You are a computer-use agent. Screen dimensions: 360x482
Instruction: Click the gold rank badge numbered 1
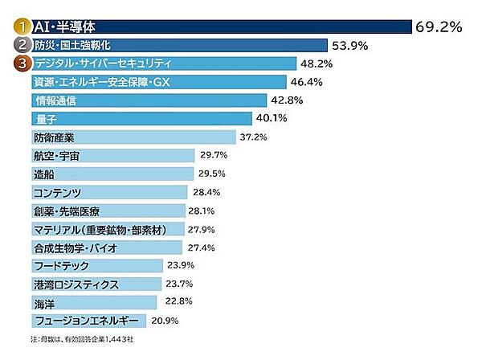[x=21, y=27]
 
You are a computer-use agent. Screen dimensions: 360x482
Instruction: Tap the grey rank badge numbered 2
[x=21, y=45]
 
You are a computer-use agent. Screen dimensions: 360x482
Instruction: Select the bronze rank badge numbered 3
[x=21, y=63]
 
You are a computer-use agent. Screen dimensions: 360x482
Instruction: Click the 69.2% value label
[x=439, y=27]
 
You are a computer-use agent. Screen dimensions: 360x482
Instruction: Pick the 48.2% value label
[x=317, y=63]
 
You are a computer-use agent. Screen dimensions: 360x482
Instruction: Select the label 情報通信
[x=55, y=100]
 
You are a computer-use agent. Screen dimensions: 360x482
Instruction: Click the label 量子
[x=45, y=119]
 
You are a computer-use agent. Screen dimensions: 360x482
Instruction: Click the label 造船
[x=44, y=174]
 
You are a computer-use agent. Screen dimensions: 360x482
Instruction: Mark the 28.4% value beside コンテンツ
[x=207, y=193]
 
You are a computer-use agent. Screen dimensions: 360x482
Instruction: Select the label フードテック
[x=61, y=266]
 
